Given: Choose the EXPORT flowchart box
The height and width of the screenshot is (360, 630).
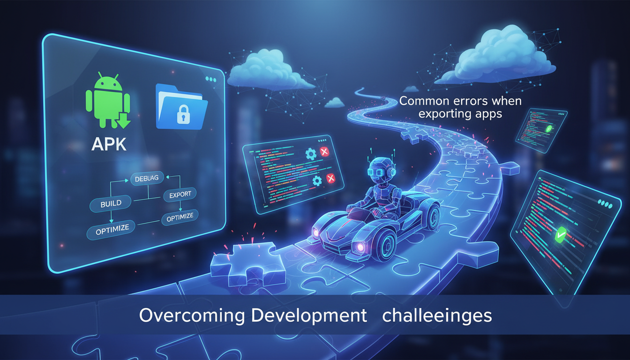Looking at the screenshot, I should tap(180, 194).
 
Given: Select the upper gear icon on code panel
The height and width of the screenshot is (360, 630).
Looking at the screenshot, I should tap(310, 154).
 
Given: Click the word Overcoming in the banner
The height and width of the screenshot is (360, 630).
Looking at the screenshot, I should tap(192, 315).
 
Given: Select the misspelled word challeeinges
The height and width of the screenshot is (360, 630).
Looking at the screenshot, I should tap(437, 315).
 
